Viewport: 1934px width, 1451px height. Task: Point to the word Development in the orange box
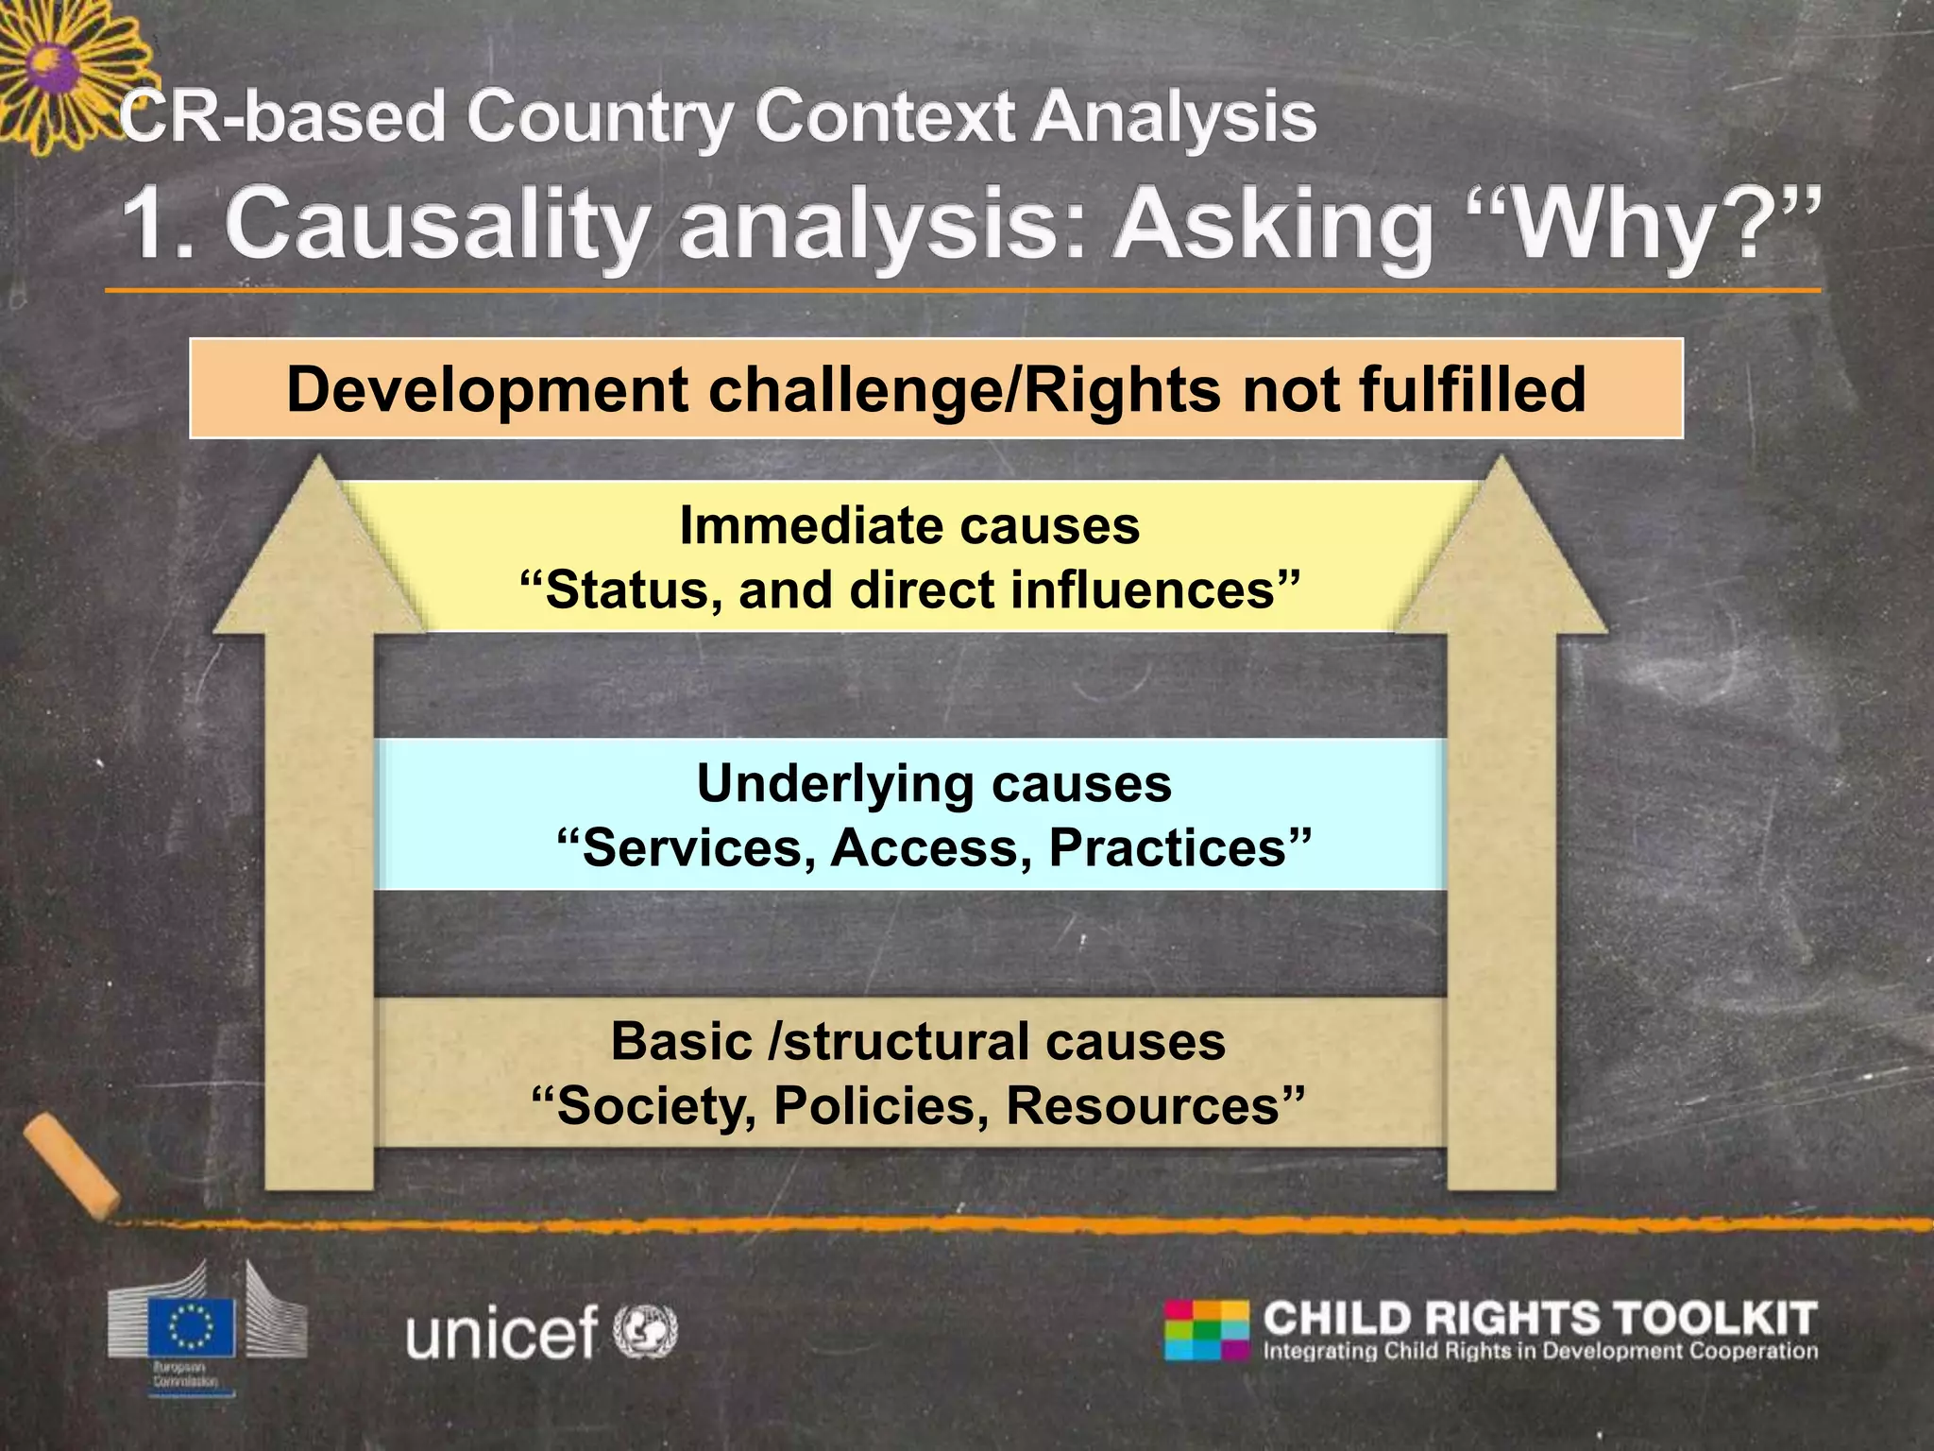coord(487,389)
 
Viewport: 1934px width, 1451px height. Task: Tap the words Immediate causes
coord(908,525)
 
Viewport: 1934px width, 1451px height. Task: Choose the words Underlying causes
coord(933,783)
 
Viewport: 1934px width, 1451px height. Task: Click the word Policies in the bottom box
coord(880,1105)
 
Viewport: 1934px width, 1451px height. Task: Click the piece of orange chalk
coord(72,1166)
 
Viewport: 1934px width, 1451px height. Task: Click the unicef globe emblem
coord(645,1330)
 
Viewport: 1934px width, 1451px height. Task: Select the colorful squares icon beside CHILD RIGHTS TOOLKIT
coord(1207,1330)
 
